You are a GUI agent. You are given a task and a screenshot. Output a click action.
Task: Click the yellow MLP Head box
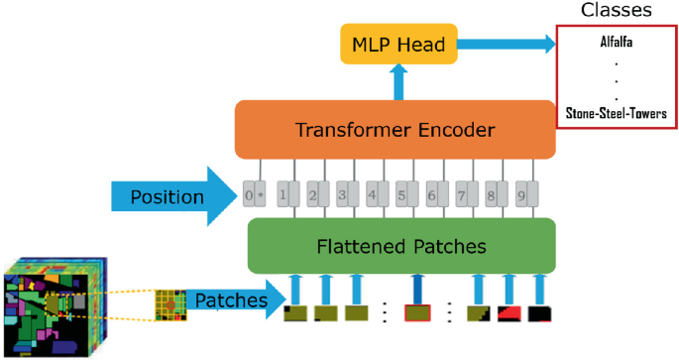tap(399, 45)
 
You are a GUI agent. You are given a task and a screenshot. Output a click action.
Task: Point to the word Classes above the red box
tap(616, 11)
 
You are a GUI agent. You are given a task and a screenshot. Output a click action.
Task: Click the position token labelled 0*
tap(254, 195)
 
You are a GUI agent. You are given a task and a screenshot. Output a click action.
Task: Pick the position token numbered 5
tap(402, 195)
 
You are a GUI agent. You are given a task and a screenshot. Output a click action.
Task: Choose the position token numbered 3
tap(343, 195)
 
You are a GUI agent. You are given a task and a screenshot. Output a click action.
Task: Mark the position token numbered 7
tap(463, 195)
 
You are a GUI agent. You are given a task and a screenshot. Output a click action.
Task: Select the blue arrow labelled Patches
tap(233, 299)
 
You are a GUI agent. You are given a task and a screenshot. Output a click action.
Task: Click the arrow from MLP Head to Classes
tap(506, 44)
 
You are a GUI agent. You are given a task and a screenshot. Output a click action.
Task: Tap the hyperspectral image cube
tap(56, 307)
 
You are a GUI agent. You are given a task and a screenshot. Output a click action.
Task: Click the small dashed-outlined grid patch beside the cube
tap(170, 305)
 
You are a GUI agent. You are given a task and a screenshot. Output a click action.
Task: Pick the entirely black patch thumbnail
tap(539, 314)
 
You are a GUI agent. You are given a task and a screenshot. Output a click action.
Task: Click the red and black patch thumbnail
tap(509, 314)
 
